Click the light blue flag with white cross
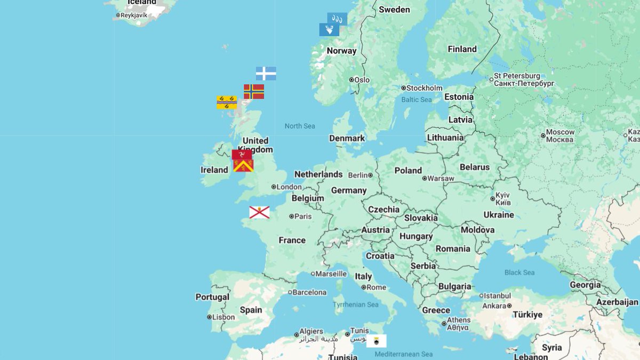pos(266,74)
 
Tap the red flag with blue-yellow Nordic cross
pos(254,92)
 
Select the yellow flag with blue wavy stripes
pos(227,102)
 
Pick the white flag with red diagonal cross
pos(259,212)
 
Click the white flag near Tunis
pos(377,341)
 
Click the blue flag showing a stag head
pos(329,30)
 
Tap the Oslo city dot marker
pos(351,80)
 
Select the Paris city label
pos(303,217)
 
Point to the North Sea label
pos(300,126)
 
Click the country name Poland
pos(408,171)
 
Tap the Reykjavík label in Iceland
pos(133,15)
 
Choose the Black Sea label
pos(519,273)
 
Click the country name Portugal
pos(212,297)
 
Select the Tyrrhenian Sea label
pos(356,305)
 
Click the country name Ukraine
pos(499,215)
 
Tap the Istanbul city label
pos(497,295)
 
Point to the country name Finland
pos(462,49)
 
